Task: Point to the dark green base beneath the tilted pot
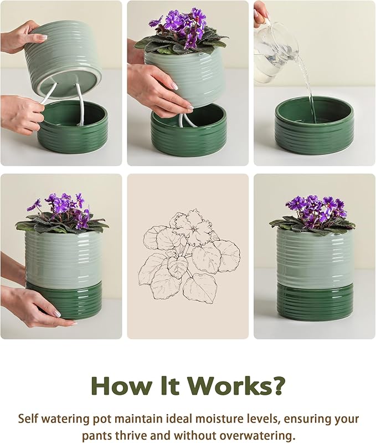click(72, 133)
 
